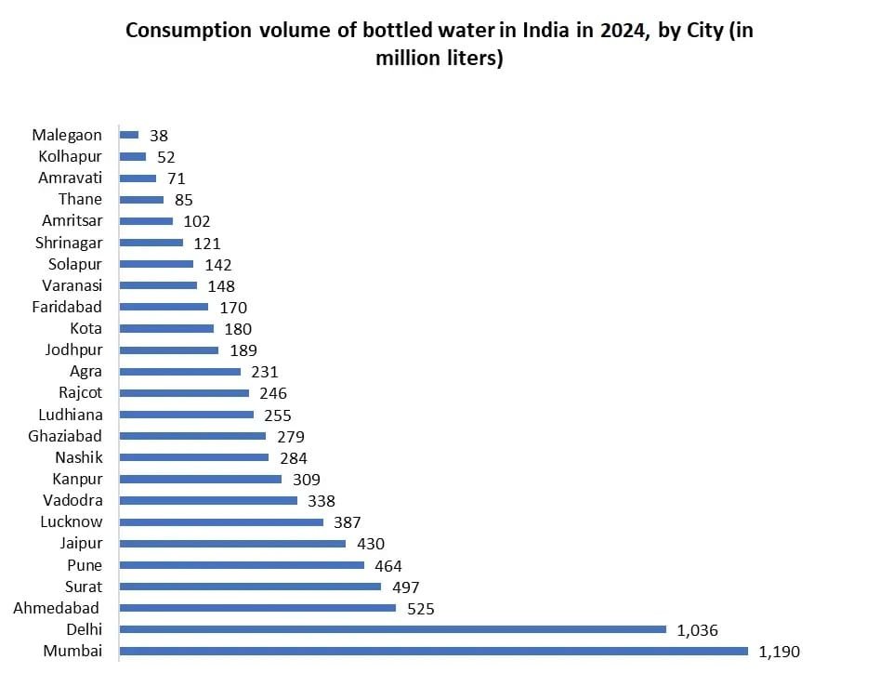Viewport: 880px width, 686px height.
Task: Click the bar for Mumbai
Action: point(433,651)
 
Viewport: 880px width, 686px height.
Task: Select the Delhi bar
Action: point(392,629)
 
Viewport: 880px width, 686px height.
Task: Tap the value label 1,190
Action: point(779,652)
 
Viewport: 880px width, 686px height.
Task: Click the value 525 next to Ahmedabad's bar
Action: point(421,609)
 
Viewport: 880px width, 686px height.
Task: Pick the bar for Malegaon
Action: point(129,135)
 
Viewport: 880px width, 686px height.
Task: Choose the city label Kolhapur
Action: point(71,156)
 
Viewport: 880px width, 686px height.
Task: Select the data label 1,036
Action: point(698,630)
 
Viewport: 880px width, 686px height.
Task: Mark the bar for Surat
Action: point(250,587)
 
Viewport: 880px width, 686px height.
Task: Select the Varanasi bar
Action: point(158,285)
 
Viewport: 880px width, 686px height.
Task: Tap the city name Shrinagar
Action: point(68,243)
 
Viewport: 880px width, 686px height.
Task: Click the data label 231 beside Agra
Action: point(265,372)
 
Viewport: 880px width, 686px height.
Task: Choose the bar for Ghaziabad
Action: point(192,436)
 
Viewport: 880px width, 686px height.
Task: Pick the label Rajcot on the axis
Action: point(80,393)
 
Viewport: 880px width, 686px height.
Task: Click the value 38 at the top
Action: point(159,136)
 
